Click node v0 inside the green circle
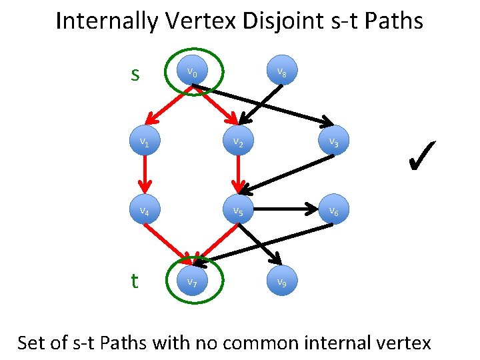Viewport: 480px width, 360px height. coord(191,71)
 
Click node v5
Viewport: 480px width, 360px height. coord(237,211)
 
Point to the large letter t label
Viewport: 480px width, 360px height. coord(135,281)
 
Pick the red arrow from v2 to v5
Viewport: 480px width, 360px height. coord(237,176)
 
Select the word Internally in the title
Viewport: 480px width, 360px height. coord(107,21)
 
